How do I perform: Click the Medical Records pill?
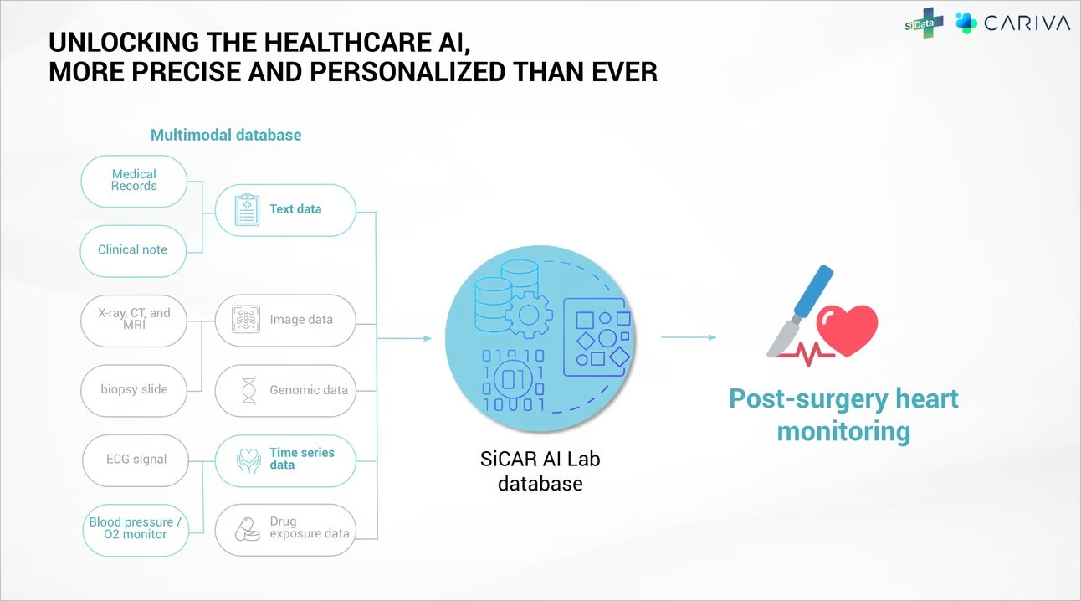click(x=134, y=182)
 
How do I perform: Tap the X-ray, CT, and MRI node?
click(x=134, y=321)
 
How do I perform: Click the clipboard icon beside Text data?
click(x=247, y=209)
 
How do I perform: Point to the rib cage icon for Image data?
click(x=246, y=319)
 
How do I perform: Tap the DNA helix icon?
click(x=249, y=391)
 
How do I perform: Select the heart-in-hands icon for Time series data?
click(x=249, y=461)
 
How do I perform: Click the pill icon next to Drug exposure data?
click(x=248, y=530)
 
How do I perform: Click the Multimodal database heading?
click(x=226, y=135)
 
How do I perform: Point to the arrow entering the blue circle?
click(x=404, y=338)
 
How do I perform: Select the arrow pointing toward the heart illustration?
click(x=689, y=337)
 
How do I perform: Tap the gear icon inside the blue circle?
click(x=529, y=316)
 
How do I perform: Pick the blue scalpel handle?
click(x=813, y=291)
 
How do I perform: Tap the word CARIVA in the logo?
click(x=1027, y=23)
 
